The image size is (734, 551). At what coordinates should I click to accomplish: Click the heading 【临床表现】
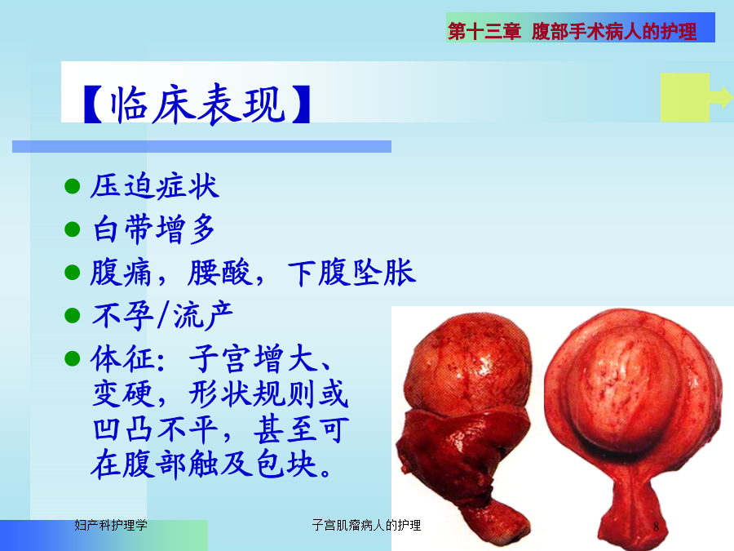tap(197, 104)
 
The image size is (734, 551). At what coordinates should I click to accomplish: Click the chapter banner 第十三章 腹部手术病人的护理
tap(572, 32)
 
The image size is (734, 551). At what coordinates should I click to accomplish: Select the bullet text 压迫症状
tap(155, 186)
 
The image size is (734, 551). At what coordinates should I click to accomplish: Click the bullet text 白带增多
tap(154, 229)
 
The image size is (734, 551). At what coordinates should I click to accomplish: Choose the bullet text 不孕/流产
tap(162, 315)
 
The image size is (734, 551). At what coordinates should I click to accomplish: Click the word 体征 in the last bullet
tap(123, 359)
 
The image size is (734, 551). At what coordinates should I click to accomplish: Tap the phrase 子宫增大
tap(254, 359)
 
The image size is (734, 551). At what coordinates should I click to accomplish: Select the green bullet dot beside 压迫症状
tap(73, 186)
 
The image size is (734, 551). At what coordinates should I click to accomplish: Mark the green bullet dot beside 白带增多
tap(73, 229)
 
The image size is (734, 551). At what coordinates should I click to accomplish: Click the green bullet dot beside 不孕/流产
tap(73, 315)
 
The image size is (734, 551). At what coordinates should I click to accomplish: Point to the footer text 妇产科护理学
tap(111, 525)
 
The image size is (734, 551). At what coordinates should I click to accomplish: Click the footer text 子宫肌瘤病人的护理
tap(366, 525)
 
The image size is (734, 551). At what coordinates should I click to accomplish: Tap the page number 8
tap(656, 527)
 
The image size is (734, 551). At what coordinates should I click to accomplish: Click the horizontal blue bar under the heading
tap(201, 147)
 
